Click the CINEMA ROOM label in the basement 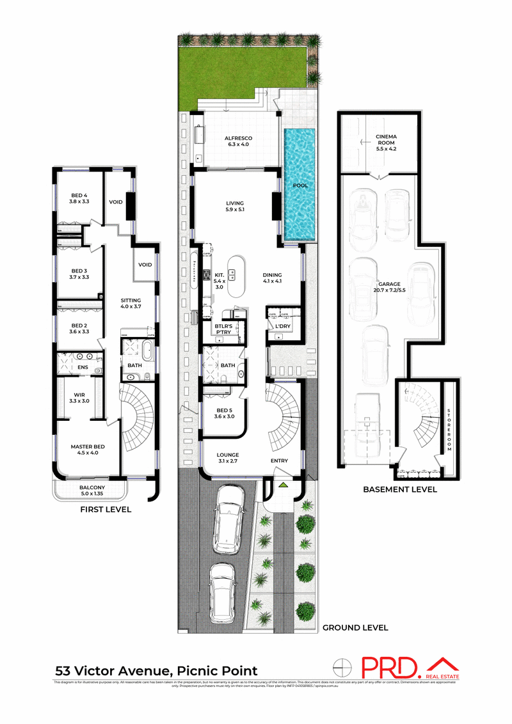[x=386, y=136]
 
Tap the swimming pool [x=301, y=185]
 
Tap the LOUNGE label [x=228, y=460]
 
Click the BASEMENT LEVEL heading [x=399, y=489]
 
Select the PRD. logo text [x=390, y=668]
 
